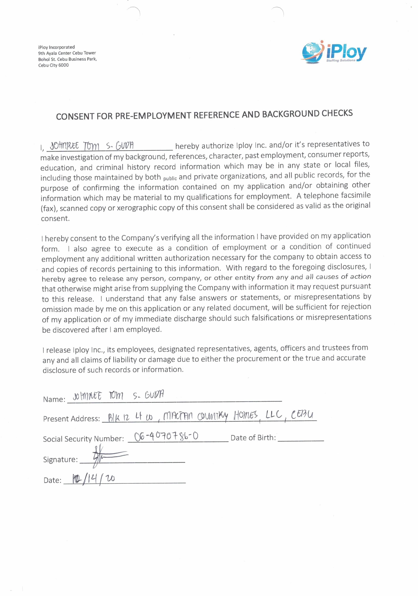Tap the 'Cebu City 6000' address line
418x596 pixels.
pos(53,65)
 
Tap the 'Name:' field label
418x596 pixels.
pos(54,399)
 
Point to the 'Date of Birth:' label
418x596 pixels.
pos(253,438)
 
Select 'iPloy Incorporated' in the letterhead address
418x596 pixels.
pos(56,47)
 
